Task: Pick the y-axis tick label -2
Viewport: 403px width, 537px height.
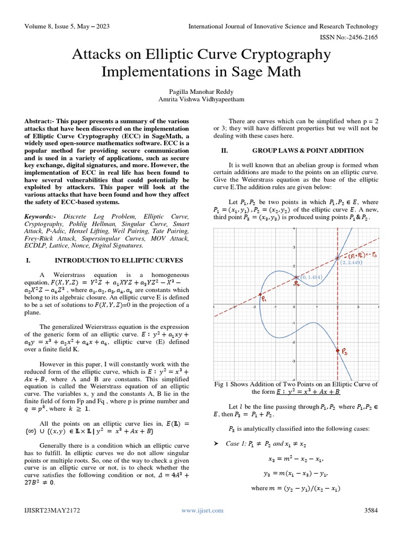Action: click(x=293, y=342)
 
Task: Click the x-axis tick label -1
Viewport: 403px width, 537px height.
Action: click(x=274, y=307)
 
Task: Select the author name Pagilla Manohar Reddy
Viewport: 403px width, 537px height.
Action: click(x=201, y=90)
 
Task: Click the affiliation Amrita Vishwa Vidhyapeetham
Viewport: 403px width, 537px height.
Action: click(x=201, y=99)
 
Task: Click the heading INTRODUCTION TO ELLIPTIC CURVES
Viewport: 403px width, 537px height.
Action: click(x=119, y=260)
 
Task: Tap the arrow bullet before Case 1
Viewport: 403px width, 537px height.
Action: click(x=215, y=444)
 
